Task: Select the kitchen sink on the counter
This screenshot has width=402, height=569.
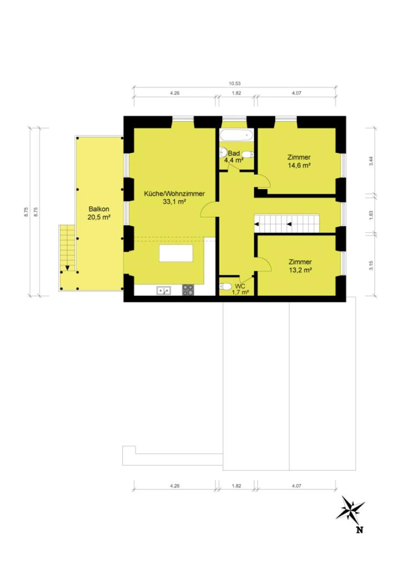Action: click(x=164, y=291)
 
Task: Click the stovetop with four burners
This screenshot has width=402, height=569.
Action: click(x=188, y=290)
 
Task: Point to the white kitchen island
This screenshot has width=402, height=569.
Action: click(x=176, y=253)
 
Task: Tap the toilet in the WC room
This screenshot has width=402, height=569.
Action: click(x=225, y=286)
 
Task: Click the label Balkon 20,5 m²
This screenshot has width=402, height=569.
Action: click(x=99, y=213)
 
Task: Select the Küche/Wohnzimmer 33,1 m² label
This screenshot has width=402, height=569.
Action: click(x=174, y=197)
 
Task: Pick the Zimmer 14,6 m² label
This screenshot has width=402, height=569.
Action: click(x=299, y=161)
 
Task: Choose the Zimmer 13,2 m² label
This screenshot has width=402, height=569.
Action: click(x=300, y=266)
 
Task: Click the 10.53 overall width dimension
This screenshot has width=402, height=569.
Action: click(x=234, y=83)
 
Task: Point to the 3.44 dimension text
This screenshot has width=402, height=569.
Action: click(x=371, y=161)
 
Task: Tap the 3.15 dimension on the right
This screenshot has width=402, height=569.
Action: click(x=371, y=265)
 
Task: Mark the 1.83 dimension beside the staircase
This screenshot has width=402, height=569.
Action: click(x=371, y=215)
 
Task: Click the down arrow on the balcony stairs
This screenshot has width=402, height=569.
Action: click(x=67, y=268)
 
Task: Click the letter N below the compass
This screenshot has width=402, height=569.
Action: click(x=360, y=529)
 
